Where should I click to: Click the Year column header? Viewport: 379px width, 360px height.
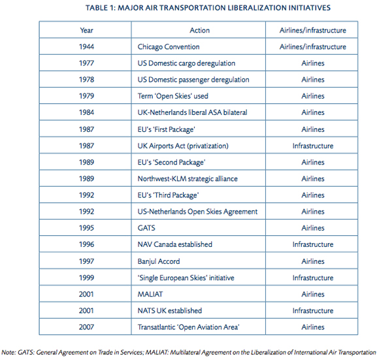coord(86,30)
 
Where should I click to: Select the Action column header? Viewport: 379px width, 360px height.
coord(199,30)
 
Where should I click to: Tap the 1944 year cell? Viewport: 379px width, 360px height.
coord(86,46)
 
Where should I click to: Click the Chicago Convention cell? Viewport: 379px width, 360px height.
coord(169,46)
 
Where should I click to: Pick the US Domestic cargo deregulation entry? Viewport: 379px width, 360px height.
coord(186,63)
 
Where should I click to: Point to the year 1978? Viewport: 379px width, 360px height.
coord(86,80)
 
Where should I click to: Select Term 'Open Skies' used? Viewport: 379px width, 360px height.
coord(173,96)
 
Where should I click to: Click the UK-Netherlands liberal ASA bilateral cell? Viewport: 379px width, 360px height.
coord(192,112)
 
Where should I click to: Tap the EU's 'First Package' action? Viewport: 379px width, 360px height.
coord(166,129)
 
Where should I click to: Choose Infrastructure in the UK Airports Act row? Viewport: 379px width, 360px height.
coord(313,146)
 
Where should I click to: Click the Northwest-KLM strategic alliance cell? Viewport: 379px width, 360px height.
coord(188,179)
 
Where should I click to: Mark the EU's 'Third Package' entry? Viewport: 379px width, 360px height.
coord(168,195)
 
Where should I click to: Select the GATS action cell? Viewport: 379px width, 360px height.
coord(146,228)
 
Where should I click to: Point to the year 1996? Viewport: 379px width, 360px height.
coord(86,244)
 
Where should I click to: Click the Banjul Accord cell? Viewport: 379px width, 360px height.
coord(159,261)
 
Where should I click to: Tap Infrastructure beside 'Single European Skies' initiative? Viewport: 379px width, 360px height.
coord(313,278)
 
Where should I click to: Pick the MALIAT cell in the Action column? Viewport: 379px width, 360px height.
coord(150,294)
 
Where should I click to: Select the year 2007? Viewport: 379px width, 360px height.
coord(86,327)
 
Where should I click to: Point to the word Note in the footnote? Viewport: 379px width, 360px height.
coord(8,352)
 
